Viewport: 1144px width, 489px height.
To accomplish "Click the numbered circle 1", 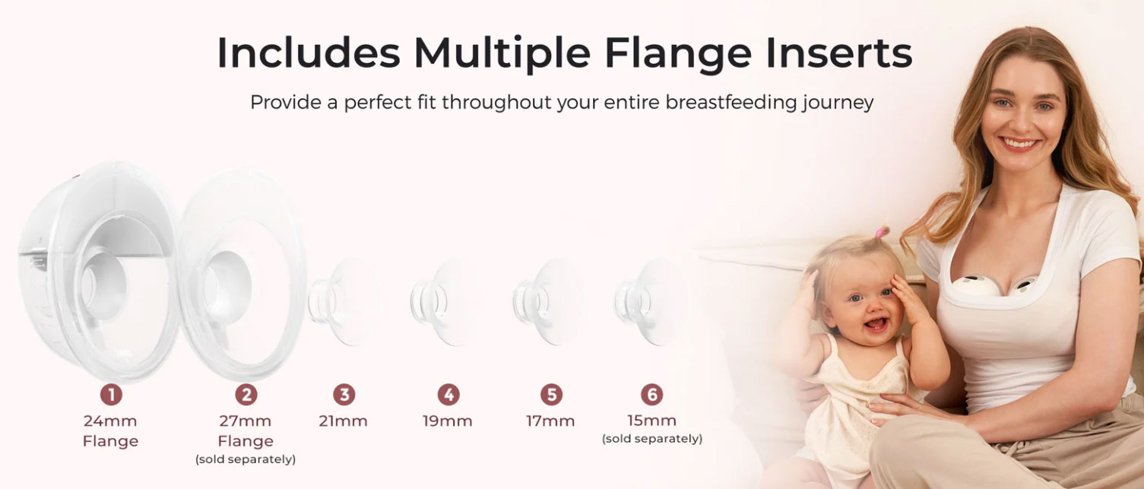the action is [111, 395].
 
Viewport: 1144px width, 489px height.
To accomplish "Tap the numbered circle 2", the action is [246, 395].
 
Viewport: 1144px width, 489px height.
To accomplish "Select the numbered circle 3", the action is [344, 395].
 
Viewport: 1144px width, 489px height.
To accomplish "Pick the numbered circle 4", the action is [448, 395].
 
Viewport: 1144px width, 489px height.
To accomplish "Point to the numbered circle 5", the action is [551, 395].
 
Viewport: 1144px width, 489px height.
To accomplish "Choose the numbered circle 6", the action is [651, 395].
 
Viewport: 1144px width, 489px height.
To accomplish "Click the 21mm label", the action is [344, 421].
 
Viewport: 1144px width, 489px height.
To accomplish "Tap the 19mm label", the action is [448, 421].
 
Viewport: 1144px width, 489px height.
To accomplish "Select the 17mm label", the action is [550, 421].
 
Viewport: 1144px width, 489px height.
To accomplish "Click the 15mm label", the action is [651, 421].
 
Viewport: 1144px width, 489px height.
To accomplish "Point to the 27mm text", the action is [245, 421].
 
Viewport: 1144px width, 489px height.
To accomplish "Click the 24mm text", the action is [110, 421].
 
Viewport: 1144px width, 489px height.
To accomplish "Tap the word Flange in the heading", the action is [678, 52].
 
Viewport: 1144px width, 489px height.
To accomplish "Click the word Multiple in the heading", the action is [502, 53].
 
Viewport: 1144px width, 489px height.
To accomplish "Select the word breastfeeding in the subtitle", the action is [731, 102].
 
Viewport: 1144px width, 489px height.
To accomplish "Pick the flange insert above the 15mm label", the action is [650, 302].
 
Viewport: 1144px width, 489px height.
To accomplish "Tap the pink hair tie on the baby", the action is [879, 233].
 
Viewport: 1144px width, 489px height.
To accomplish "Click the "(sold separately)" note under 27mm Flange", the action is [246, 459].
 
